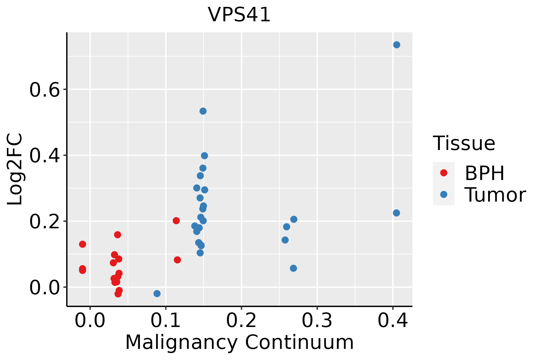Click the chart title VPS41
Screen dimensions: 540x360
pyautogui.click(x=239, y=15)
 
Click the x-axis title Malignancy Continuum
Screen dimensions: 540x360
pyautogui.click(x=239, y=342)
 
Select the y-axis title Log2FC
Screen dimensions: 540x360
pyautogui.click(x=14, y=169)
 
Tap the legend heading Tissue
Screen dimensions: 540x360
pyautogui.click(x=464, y=143)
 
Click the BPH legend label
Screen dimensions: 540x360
pyautogui.click(x=484, y=173)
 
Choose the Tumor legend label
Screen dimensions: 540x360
pyautogui.click(x=495, y=195)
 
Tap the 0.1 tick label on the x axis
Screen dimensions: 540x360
pyautogui.click(x=166, y=320)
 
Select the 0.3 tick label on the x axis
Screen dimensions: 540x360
pyautogui.click(x=317, y=320)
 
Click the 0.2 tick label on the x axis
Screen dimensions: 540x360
pyautogui.click(x=241, y=320)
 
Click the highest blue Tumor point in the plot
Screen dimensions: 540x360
pyautogui.click(x=397, y=45)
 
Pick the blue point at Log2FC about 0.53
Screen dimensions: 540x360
pyautogui.click(x=203, y=111)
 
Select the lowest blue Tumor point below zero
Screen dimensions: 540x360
pyautogui.click(x=157, y=293)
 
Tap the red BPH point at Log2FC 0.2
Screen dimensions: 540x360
pyautogui.click(x=176, y=221)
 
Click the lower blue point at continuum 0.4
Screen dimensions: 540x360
pyautogui.click(x=396, y=213)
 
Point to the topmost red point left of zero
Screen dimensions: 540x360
pyautogui.click(x=82, y=244)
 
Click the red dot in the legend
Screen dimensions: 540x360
pyautogui.click(x=444, y=173)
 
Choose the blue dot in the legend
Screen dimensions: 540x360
pyautogui.click(x=444, y=194)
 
